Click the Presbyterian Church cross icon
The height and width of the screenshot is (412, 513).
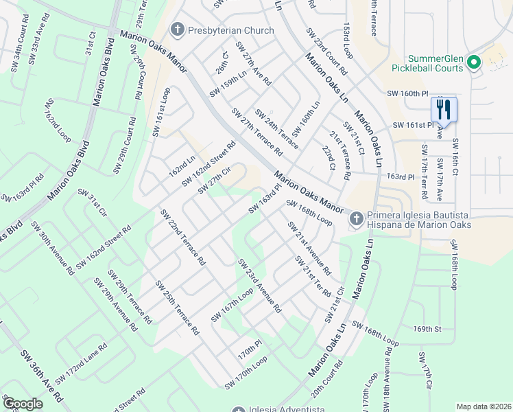tap(178, 30)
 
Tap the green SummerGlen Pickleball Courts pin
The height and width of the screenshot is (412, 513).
tap(473, 63)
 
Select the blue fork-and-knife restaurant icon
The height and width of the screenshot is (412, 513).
tap(444, 110)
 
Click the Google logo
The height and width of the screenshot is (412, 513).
tap(22, 403)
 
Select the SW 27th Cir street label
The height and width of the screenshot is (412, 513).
tap(213, 180)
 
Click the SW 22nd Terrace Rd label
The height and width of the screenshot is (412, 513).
tap(183, 238)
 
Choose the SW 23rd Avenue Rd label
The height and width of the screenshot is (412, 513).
tap(259, 286)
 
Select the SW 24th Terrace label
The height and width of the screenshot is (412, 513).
tap(276, 128)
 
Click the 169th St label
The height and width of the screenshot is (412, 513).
tap(427, 329)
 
